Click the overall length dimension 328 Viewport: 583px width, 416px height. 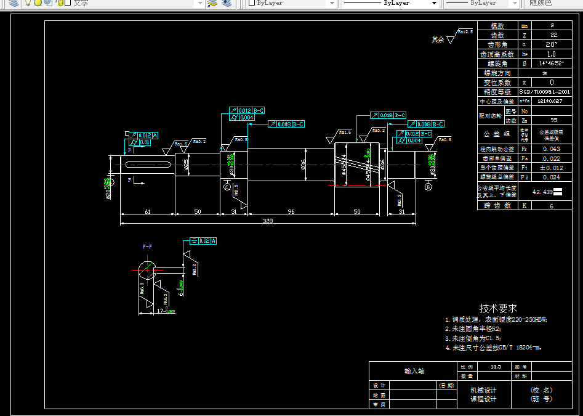[x=268, y=220]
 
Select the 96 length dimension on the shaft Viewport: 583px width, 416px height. [x=291, y=211]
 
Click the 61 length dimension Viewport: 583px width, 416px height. [x=148, y=211]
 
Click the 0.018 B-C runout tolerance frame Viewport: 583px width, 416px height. [x=388, y=115]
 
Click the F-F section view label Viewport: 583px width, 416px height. [x=148, y=246]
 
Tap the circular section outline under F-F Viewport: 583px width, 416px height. [x=146, y=269]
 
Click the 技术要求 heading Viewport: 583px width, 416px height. [x=498, y=308]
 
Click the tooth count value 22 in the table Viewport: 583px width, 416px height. [x=552, y=36]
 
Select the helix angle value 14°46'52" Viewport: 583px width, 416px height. [x=552, y=63]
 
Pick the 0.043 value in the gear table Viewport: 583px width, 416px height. [x=552, y=149]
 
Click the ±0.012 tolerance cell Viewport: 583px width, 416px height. [x=552, y=168]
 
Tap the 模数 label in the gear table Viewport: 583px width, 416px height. [x=497, y=27]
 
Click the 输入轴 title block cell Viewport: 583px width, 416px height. [x=414, y=371]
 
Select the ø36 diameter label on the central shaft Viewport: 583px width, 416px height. [x=304, y=165]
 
